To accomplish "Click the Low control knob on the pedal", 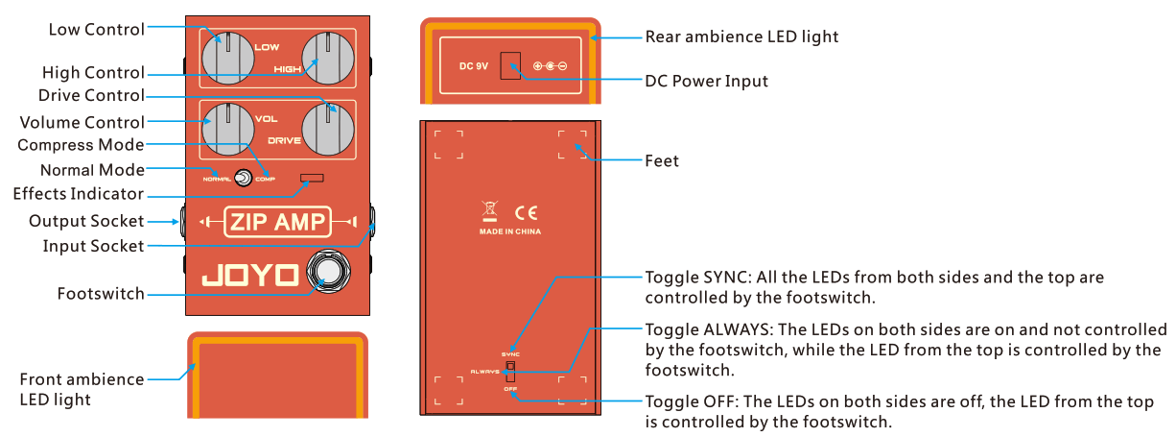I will pos(229,56).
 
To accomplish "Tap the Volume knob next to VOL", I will pos(229,128).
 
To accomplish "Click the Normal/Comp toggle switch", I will pos(244,178).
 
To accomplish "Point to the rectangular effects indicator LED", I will pos(312,178).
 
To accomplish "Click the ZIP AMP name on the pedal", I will pos(277,222).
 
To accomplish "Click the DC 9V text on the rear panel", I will pos(473,66).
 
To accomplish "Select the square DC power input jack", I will pos(512,65).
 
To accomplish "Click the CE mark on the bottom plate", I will pos(527,213).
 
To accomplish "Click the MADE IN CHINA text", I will pos(509,232).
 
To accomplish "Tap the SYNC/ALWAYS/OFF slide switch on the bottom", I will pos(510,372).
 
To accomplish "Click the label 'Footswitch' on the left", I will pos(101,294).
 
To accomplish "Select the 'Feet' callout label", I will pos(662,160).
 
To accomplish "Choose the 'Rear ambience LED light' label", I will pos(741,36).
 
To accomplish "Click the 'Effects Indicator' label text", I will pos(78,194).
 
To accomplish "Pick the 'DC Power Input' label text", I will pos(706,81).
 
